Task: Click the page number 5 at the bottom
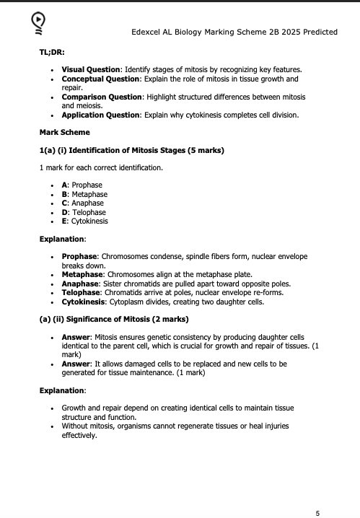317,513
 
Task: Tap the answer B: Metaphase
84,194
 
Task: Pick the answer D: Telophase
84,212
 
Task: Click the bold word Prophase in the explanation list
79,256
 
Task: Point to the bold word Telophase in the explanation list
81,292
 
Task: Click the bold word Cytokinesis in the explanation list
83,302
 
